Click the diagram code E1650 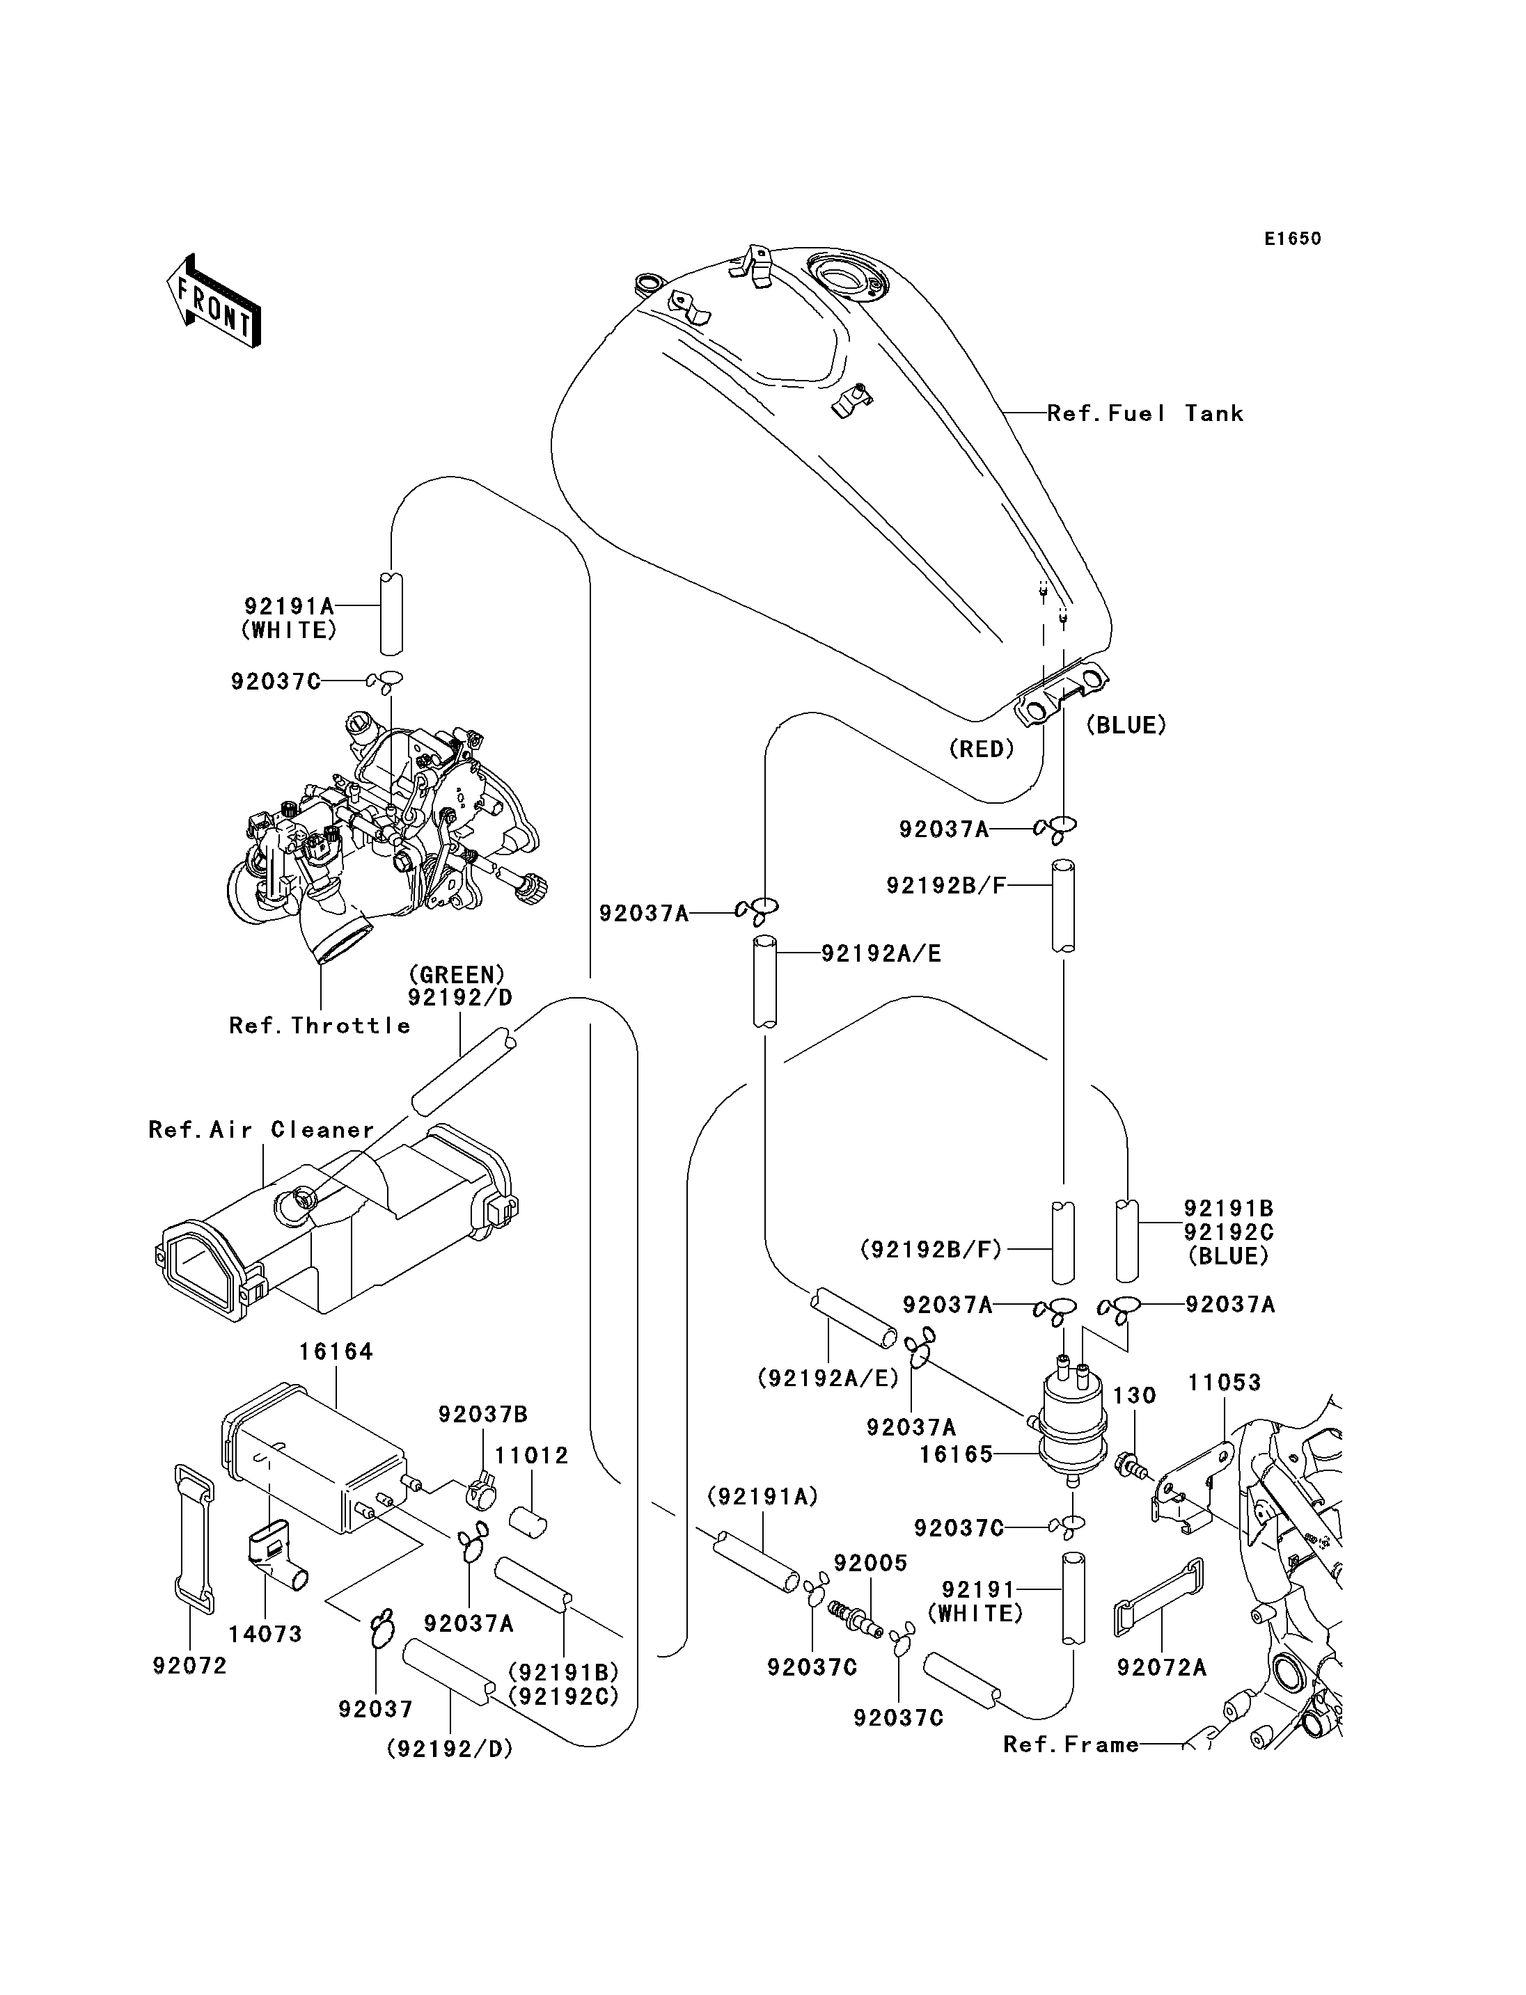[x=1293, y=239]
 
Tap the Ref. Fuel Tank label [x=1144, y=414]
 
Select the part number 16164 [x=336, y=1352]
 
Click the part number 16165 [x=956, y=1454]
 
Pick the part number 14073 [x=265, y=1634]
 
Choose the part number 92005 [x=870, y=1563]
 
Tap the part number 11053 [x=1225, y=1383]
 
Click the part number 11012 [x=531, y=1456]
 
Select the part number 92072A [x=1161, y=1667]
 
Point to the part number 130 [x=1135, y=1396]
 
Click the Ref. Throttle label [x=320, y=1026]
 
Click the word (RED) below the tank [x=981, y=749]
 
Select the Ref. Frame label [x=1071, y=1744]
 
